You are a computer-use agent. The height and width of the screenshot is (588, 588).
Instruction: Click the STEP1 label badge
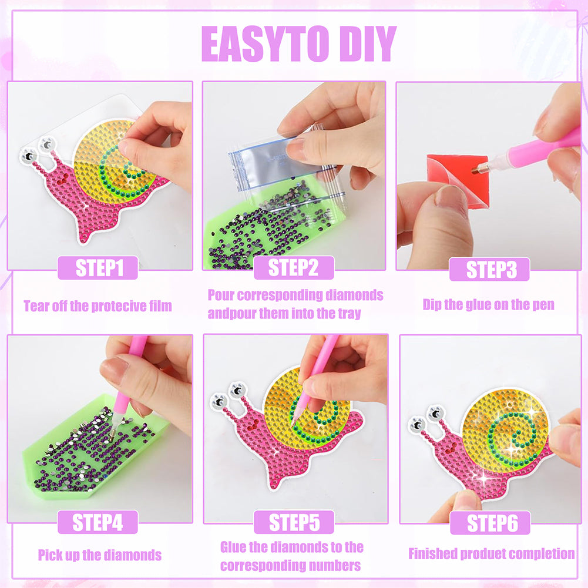pos(98,268)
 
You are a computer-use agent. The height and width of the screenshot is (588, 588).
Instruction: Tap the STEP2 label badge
pos(294,268)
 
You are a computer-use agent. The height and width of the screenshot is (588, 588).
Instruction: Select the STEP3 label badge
pos(489,269)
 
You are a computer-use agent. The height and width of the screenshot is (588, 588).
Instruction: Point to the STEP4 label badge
pos(98,522)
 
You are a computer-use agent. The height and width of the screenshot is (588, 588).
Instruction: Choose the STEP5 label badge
pos(294,522)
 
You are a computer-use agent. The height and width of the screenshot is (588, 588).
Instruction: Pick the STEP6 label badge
pos(490,523)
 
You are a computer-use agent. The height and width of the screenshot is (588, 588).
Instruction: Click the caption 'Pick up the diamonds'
pos(100,555)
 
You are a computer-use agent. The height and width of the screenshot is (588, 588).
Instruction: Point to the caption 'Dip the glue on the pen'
pos(488,304)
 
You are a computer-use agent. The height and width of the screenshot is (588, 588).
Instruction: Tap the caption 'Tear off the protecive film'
pos(98,306)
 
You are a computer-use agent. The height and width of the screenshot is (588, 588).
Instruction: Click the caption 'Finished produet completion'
pos(491,554)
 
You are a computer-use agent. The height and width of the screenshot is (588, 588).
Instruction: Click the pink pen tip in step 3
pos(475,170)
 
